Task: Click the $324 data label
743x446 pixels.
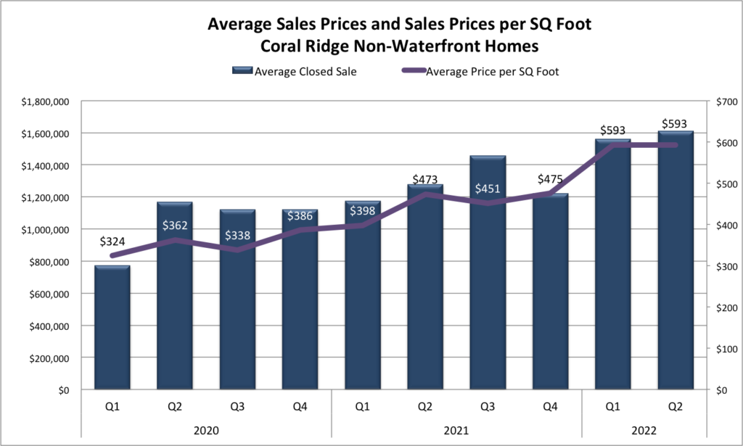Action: click(112, 239)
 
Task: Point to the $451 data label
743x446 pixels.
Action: click(488, 189)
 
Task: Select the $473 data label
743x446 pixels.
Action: click(425, 178)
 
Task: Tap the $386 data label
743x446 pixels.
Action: click(300, 215)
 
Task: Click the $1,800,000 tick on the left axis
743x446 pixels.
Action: click(45, 102)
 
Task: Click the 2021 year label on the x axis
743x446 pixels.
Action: click(456, 430)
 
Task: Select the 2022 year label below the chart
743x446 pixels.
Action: click(644, 430)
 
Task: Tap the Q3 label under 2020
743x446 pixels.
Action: click(237, 408)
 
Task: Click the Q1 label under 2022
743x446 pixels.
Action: click(613, 408)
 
